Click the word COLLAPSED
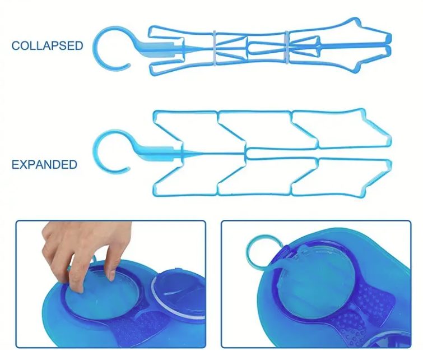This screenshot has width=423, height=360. click(x=47, y=45)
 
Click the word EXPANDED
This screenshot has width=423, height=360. click(x=44, y=164)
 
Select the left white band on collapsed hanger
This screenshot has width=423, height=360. click(x=215, y=49)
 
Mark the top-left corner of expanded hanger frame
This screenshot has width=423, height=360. click(x=154, y=111)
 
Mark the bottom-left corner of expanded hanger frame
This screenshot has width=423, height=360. click(x=154, y=195)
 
